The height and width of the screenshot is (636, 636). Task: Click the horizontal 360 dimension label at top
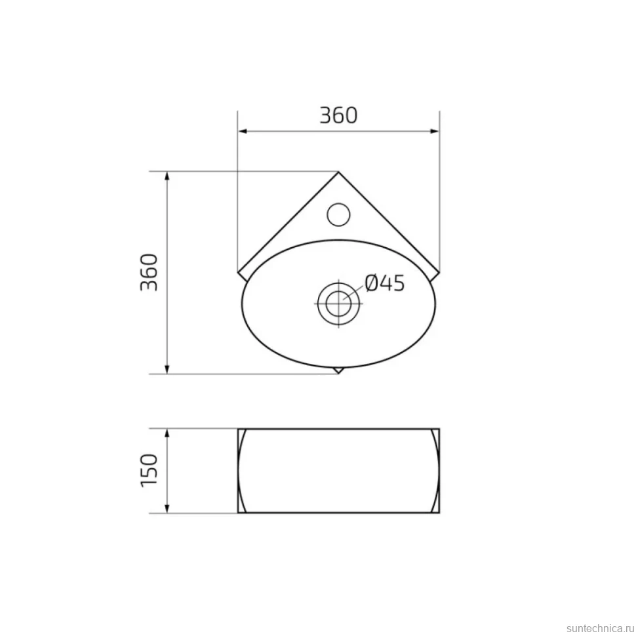pyautogui.click(x=339, y=115)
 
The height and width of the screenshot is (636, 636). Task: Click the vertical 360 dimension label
pyautogui.click(x=149, y=272)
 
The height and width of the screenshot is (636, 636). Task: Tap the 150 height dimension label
pyautogui.click(x=149, y=471)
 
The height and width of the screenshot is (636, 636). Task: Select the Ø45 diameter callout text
pyautogui.click(x=384, y=283)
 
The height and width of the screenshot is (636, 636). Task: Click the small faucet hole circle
pyautogui.click(x=338, y=214)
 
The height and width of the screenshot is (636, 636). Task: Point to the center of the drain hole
pyautogui.click(x=338, y=304)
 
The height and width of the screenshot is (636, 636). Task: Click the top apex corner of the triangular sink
pyautogui.click(x=338, y=172)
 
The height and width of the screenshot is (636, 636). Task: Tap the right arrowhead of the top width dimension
pyautogui.click(x=434, y=131)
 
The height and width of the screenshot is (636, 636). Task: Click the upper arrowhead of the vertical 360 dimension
pyautogui.click(x=167, y=177)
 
